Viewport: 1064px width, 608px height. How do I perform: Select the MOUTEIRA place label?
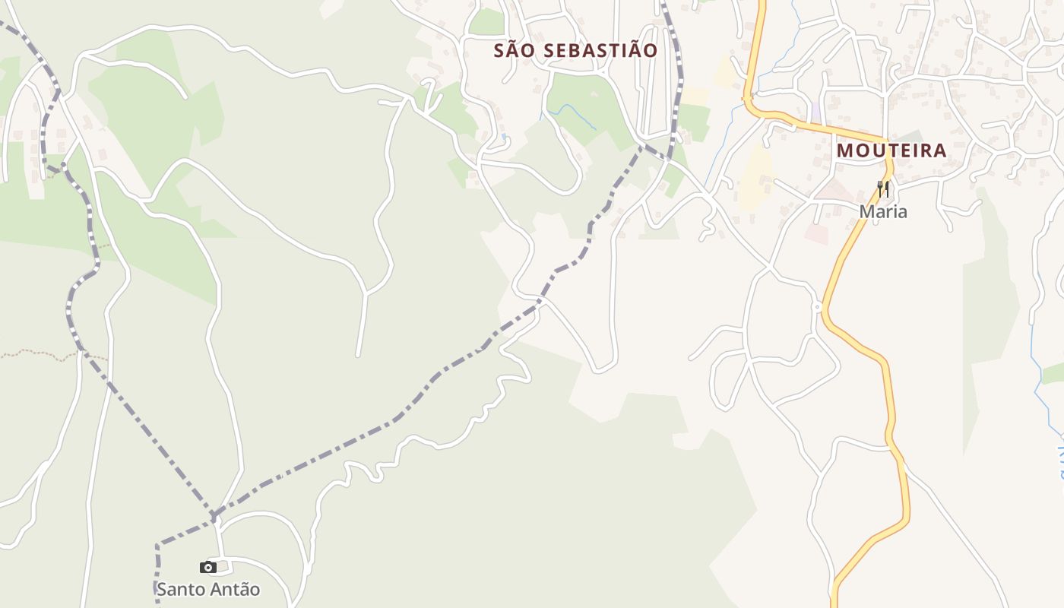click(x=891, y=150)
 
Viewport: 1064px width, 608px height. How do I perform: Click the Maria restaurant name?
click(x=883, y=211)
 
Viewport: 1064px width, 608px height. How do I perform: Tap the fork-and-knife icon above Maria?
click(x=882, y=188)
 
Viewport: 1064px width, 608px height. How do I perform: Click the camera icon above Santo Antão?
click(x=207, y=567)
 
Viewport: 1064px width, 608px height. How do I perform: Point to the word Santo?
click(x=180, y=589)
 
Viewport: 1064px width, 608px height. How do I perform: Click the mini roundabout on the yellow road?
click(x=818, y=307)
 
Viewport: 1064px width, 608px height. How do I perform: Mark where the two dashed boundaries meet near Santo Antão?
click(x=214, y=518)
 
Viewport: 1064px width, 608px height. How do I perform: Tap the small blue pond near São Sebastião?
click(x=503, y=138)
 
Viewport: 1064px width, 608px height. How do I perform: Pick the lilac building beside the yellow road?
click(x=815, y=112)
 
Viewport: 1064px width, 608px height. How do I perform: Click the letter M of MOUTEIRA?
click(x=845, y=150)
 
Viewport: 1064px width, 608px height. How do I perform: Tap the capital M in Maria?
click(x=866, y=211)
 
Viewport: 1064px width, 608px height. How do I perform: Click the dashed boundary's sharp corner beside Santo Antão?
click(x=158, y=546)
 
